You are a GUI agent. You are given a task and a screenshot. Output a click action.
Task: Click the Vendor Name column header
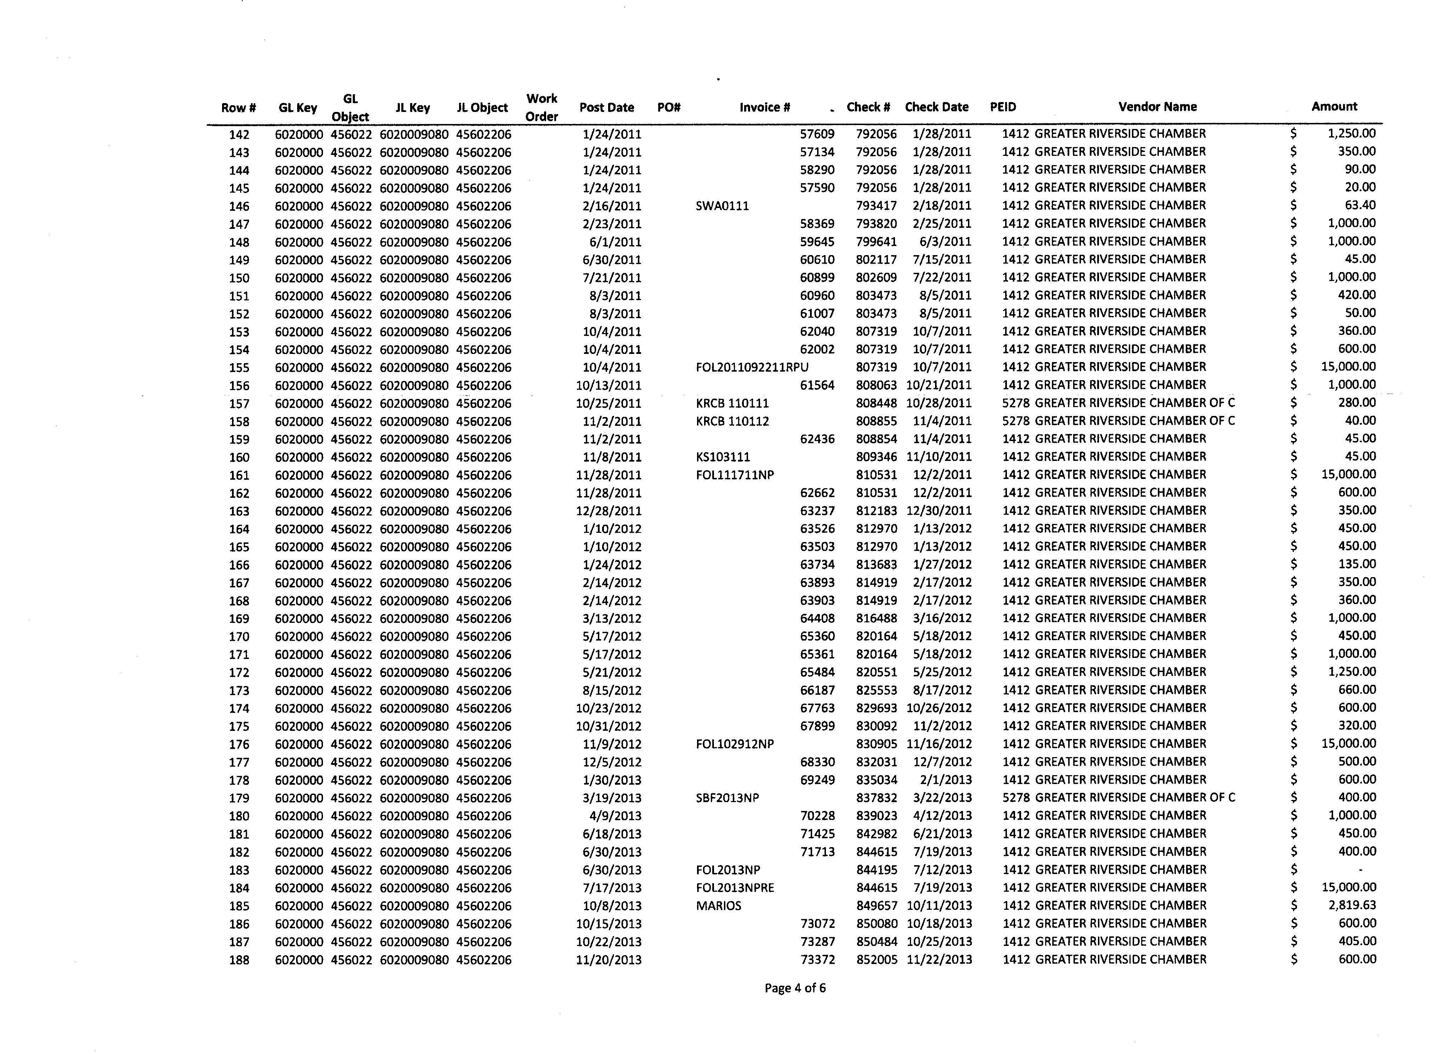[1157, 107]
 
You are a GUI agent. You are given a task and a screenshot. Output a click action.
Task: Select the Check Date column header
[936, 107]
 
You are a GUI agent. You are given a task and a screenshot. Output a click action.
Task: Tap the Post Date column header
[606, 107]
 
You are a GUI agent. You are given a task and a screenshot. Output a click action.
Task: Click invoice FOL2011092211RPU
[752, 367]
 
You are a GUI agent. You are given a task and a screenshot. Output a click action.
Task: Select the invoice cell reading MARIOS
[719, 906]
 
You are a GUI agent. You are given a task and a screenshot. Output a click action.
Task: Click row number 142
[239, 134]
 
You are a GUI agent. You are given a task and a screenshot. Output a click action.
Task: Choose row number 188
[239, 960]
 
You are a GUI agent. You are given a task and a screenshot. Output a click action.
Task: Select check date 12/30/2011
[939, 511]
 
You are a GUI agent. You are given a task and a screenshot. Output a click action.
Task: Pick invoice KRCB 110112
[732, 422]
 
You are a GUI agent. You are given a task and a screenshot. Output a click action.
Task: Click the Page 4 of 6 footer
[795, 988]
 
